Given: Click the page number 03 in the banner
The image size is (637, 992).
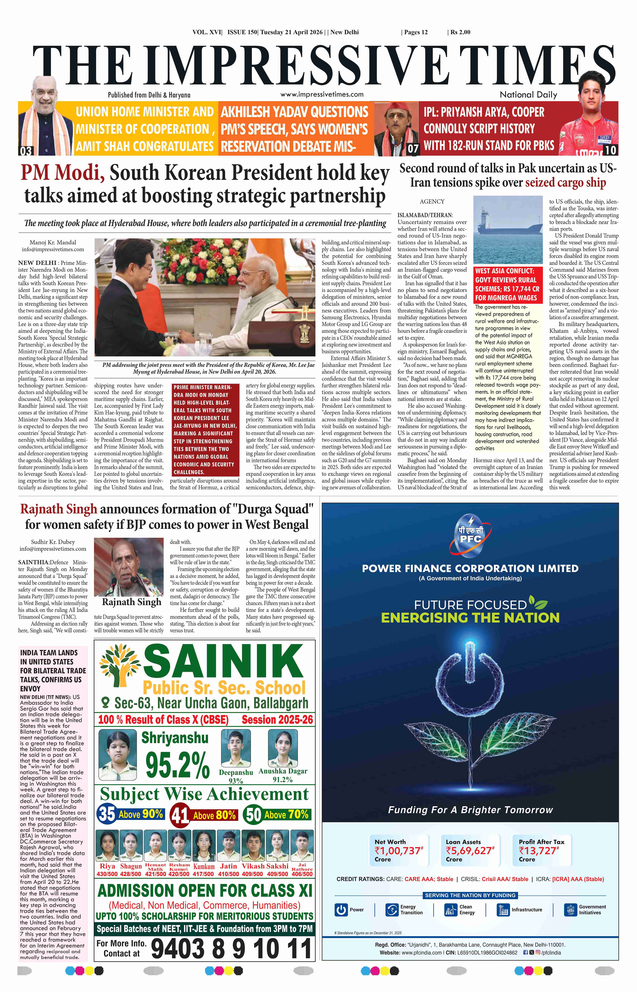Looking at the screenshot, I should pyautogui.click(x=26, y=151).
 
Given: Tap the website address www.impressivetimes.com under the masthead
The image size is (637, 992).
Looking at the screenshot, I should pyautogui.click(x=322, y=94).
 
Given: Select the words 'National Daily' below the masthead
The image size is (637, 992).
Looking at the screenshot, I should pyautogui.click(x=528, y=95).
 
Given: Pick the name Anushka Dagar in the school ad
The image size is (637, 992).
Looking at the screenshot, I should pyautogui.click(x=283, y=771).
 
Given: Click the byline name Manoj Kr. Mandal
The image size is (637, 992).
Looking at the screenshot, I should pyautogui.click(x=53, y=242).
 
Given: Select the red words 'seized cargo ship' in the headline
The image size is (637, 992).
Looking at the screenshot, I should pyautogui.click(x=566, y=183).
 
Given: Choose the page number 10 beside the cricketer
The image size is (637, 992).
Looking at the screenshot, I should pyautogui.click(x=610, y=150).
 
